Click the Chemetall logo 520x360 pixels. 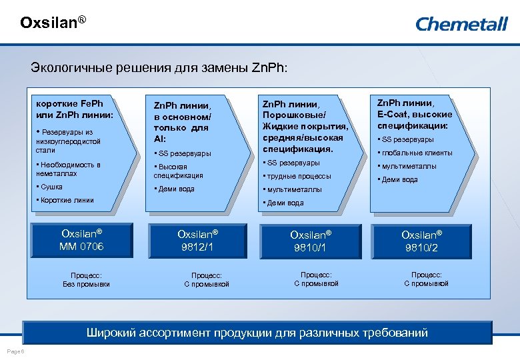click(x=461, y=25)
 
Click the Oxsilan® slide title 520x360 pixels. click(x=53, y=23)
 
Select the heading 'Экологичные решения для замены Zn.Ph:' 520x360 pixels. click(x=160, y=68)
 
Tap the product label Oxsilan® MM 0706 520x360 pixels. click(x=83, y=241)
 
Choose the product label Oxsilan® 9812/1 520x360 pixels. click(x=197, y=241)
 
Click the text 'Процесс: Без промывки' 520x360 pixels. click(x=86, y=279)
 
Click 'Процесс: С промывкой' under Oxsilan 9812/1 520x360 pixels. click(x=207, y=279)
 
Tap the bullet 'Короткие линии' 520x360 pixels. click(x=67, y=200)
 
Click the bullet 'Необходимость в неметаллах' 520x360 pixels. click(x=69, y=169)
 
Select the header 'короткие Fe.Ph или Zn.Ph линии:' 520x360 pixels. click(x=74, y=109)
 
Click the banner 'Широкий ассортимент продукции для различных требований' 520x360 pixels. click(x=257, y=333)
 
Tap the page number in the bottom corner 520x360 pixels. click(x=15, y=351)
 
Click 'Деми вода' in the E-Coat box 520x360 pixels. click(x=400, y=179)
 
